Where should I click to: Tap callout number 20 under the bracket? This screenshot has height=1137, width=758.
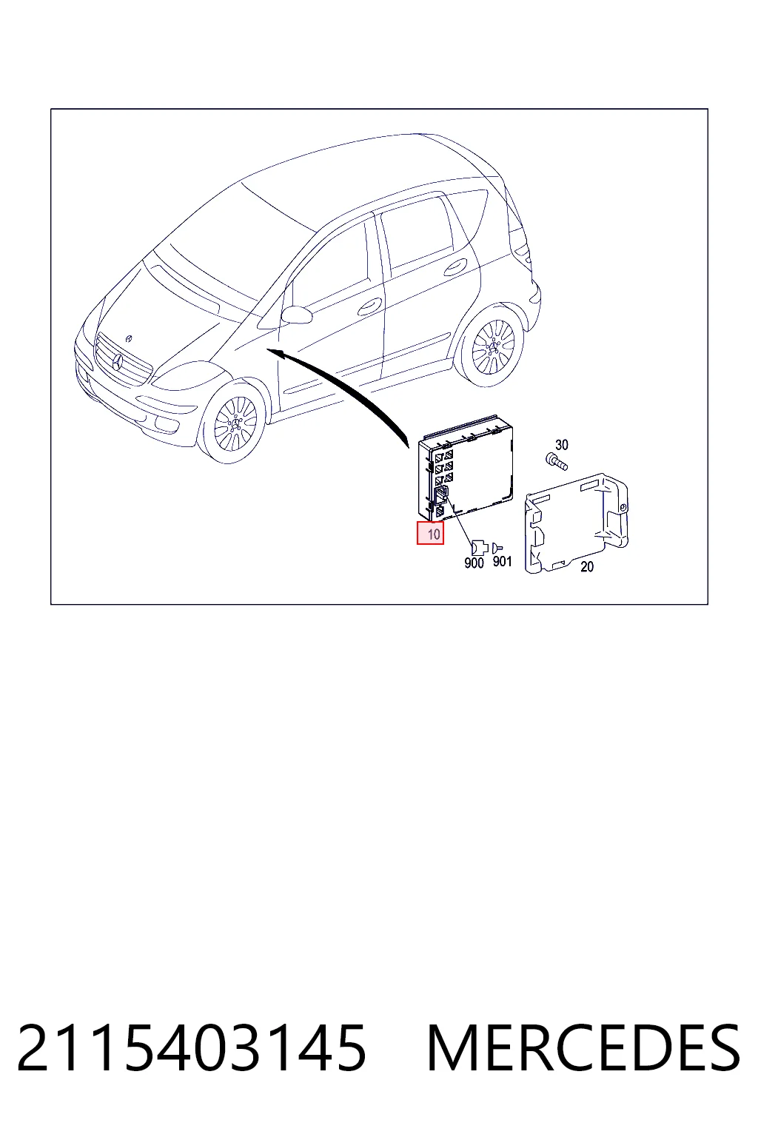point(587,566)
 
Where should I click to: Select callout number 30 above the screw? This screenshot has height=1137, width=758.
point(562,445)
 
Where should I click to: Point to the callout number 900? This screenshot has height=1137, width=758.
point(474,563)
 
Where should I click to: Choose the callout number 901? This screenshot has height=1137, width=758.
point(502,561)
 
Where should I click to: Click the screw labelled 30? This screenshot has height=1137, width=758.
point(556,462)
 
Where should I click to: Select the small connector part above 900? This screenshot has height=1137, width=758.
point(479,547)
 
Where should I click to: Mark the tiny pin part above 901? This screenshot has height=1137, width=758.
point(497,547)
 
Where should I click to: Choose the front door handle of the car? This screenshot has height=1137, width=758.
point(369,306)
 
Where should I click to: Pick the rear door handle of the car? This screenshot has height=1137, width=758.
point(455,267)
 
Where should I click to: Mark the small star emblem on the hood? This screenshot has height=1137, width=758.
point(130,338)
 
